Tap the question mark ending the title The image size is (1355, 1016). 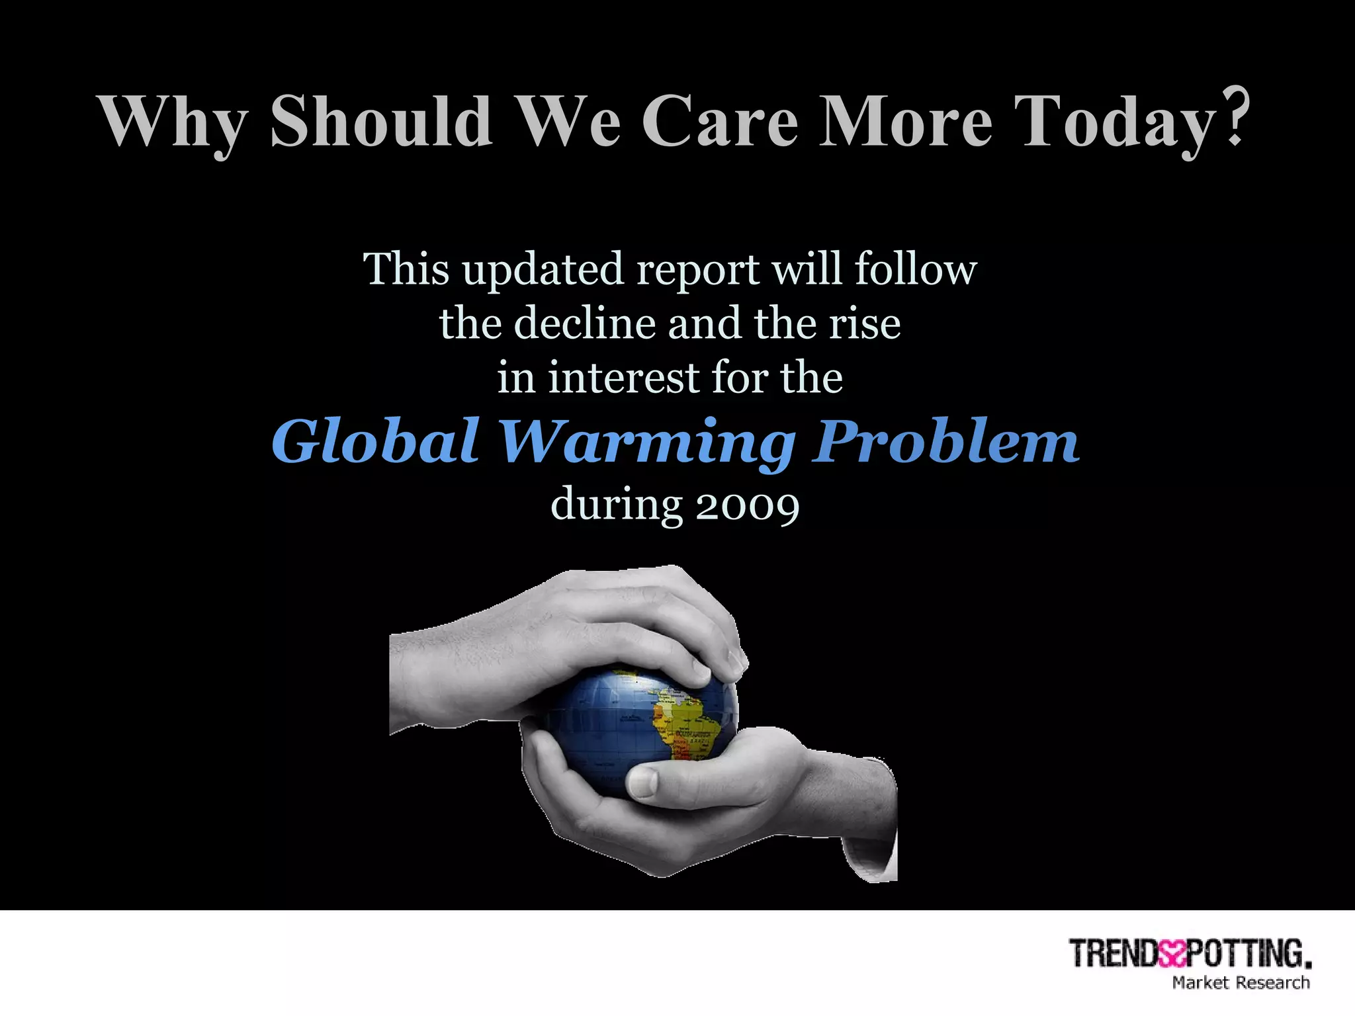click(1233, 117)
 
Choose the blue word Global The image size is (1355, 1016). click(375, 441)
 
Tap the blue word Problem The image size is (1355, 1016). click(946, 441)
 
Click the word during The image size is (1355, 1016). click(616, 504)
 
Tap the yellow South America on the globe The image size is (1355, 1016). click(688, 728)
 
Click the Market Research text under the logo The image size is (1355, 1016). click(1241, 983)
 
